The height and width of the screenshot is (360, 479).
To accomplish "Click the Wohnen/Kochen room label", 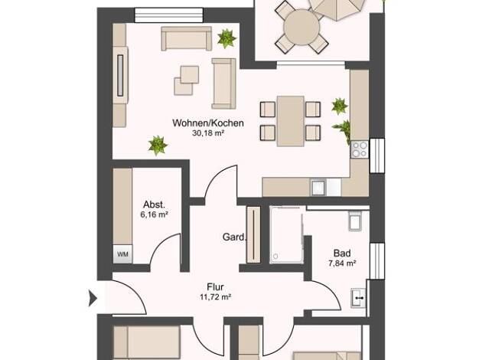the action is [x=208, y=123].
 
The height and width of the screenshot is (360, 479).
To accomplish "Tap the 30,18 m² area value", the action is [x=209, y=133].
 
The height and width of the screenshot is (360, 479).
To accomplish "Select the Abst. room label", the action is [x=155, y=205].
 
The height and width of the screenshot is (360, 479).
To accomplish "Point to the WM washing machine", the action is [x=122, y=254].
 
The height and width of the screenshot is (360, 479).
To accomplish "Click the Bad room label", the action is [x=342, y=254].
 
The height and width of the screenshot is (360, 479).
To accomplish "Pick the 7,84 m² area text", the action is [x=342, y=263].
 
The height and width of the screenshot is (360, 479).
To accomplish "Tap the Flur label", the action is [x=215, y=287].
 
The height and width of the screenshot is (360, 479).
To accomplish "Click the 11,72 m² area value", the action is [x=215, y=296].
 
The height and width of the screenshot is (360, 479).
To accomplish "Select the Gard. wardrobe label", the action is [x=234, y=237].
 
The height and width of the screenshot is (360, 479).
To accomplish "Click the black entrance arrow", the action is [x=93, y=298].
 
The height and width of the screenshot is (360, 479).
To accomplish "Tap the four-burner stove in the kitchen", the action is [x=360, y=149].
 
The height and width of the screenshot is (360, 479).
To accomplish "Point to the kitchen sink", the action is [x=319, y=187].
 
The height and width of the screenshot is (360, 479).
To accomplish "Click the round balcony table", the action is [x=301, y=28].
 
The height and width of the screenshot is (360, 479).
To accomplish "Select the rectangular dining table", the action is [x=291, y=122].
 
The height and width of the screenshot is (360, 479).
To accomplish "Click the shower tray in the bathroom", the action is [x=286, y=235].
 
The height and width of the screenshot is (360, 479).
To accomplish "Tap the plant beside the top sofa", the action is [x=226, y=38].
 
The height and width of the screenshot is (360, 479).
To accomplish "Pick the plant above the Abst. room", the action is [x=158, y=146].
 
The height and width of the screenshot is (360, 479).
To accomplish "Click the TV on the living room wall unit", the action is [x=120, y=75].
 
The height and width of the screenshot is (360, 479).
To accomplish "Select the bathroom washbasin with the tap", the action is [x=358, y=298].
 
